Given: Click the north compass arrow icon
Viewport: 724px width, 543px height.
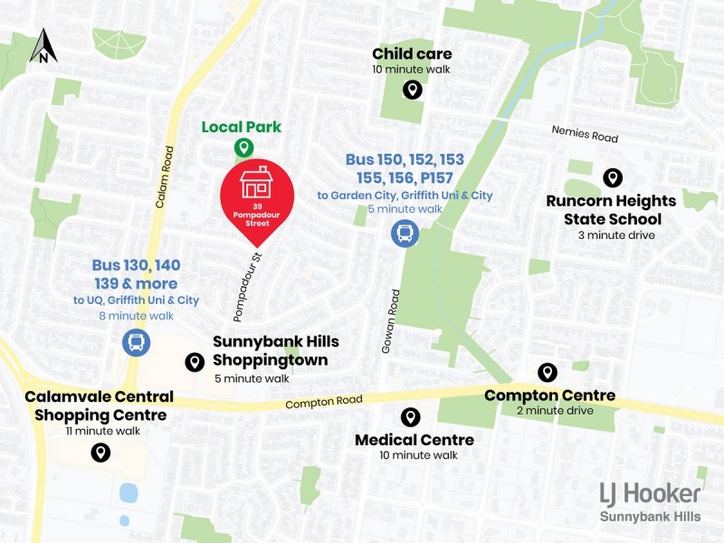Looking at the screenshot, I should point(43,46).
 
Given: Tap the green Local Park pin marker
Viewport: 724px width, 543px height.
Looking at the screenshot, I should point(243,147).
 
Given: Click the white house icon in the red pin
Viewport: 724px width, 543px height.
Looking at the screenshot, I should point(258,182).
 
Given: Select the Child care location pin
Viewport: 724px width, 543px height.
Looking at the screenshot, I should point(412,90).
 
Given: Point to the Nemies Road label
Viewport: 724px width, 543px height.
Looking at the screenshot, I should point(585,134).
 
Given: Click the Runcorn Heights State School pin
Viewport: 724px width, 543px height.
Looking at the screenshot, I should point(612,178).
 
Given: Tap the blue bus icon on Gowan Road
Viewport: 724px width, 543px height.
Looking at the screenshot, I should point(405,233).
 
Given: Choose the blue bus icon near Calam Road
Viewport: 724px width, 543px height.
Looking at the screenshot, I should point(136,342).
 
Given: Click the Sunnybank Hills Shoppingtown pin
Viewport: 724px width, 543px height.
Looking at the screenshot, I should point(194,362).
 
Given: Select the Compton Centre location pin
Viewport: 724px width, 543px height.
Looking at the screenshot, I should point(547,372).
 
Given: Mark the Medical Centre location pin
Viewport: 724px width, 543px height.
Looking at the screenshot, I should point(411,416).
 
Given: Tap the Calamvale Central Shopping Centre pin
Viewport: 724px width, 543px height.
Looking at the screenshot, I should point(100,452).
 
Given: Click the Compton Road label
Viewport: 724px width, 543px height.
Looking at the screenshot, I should point(323,402).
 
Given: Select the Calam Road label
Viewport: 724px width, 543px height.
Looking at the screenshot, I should point(164,177).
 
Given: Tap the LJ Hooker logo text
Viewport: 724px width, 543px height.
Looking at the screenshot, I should point(650,493).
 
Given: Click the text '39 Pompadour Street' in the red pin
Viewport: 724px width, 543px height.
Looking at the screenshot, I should point(258,216).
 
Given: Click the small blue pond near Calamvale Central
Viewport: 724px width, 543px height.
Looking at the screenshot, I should point(129,493).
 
